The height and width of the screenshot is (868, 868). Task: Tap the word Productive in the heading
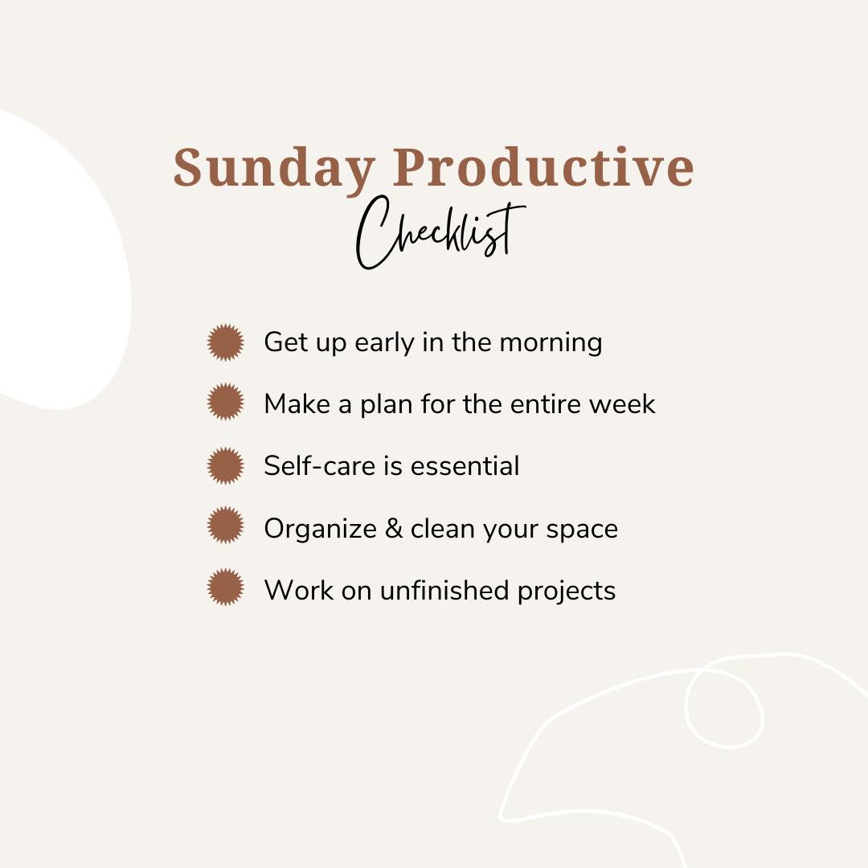pyautogui.click(x=543, y=166)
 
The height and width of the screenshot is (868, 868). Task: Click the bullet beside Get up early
pyautogui.click(x=225, y=342)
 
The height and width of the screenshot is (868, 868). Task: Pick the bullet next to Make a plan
pyautogui.click(x=225, y=402)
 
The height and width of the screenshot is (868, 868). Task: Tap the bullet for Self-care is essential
pyautogui.click(x=225, y=466)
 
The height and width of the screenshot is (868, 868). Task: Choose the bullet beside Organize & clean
pyautogui.click(x=225, y=525)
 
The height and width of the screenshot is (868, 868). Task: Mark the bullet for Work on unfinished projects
pyautogui.click(x=225, y=587)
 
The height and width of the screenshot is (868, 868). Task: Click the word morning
pyautogui.click(x=551, y=344)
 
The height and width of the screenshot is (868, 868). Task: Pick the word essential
pyautogui.click(x=465, y=465)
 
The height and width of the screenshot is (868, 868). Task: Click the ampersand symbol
pyautogui.click(x=394, y=528)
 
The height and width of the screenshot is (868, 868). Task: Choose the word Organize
pyautogui.click(x=321, y=530)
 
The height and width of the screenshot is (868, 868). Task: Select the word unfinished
pyautogui.click(x=444, y=590)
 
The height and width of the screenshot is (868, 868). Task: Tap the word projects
pyautogui.click(x=567, y=592)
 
